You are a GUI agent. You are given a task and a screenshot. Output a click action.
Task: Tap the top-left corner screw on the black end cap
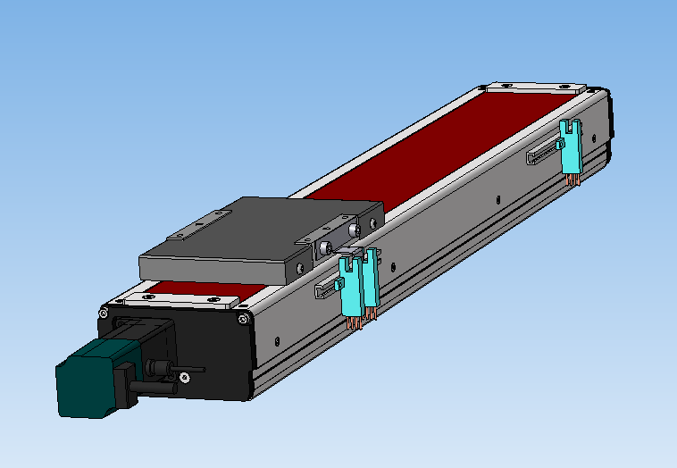coord(104,313)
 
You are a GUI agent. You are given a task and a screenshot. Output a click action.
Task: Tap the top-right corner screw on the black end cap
coord(242,318)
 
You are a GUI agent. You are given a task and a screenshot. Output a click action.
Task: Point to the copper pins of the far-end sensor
coord(572,180)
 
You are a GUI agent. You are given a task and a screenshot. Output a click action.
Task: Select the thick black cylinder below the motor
coord(152,387)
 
